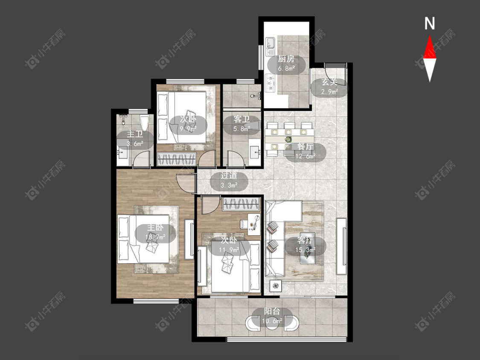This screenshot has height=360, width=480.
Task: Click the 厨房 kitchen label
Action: tap(286, 59)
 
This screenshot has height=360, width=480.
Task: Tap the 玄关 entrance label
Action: tap(329, 82)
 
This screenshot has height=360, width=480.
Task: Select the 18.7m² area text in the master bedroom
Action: tap(155, 237)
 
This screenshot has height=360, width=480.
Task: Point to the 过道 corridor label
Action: tap(229, 176)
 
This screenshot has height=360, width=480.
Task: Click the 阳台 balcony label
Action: tap(272, 312)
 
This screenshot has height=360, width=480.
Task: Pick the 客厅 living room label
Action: tap(305, 240)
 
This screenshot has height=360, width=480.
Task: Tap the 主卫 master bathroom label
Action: tap(135, 134)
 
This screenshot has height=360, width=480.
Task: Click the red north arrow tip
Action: tap(430, 35)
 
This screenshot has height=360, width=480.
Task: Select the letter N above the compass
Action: tap(430, 23)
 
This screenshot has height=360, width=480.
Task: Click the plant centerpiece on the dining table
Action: tap(288, 139)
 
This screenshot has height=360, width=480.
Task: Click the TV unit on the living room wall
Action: tap(341, 246)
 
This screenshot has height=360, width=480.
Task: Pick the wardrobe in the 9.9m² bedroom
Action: tap(176, 159)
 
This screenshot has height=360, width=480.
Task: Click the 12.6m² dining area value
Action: tap(305, 156)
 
